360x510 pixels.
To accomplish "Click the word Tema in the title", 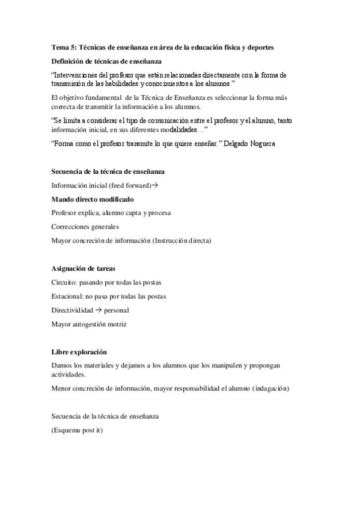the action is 59,48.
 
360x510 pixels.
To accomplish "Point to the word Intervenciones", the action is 80,75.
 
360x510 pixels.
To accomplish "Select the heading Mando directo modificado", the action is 93,199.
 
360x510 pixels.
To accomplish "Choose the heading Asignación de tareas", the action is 84,268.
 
